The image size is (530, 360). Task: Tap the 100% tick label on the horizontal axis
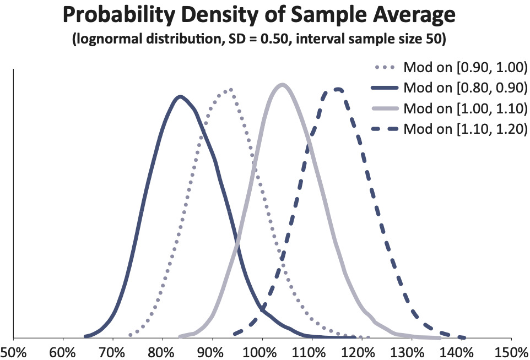click(262, 351)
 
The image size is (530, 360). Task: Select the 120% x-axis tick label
click(361, 351)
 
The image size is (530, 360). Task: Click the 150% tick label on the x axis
click(511, 351)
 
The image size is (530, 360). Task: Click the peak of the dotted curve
click(229, 90)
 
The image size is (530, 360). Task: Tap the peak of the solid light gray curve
click(282, 85)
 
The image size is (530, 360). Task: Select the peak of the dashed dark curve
click(338, 89)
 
